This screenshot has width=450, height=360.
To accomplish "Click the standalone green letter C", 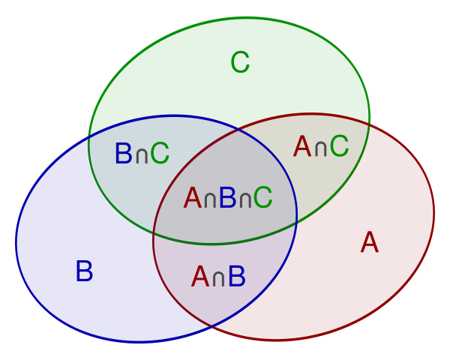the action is coord(240,62).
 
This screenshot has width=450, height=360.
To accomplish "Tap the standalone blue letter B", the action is coord(84,271).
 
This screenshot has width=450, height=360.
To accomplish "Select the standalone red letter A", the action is coord(370,242).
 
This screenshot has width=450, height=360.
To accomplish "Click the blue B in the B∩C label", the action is coord(124,153).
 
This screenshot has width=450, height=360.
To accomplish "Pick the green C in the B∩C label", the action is coord(160,153).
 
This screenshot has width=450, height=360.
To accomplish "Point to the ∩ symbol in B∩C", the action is coord(142,156).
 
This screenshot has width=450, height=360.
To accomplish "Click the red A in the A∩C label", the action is coord(302,146).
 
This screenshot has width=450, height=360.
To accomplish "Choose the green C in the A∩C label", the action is coord(339,146).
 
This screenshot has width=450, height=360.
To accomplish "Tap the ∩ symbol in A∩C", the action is coord(320,149).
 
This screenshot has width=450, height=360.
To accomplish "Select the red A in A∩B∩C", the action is coord(193,197).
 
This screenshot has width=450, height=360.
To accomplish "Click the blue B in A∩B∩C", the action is coord(227,197).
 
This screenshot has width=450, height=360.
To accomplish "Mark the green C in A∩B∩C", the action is coord(262,197).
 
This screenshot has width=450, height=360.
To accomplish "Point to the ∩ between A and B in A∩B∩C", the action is coord(210,200).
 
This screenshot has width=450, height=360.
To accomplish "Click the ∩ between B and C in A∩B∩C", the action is coord(245,200).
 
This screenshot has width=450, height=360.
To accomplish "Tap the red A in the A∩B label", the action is coord(200,276).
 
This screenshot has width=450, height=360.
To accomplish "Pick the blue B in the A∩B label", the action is coord(237,276).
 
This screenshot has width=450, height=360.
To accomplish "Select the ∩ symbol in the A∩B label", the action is coord(218,279).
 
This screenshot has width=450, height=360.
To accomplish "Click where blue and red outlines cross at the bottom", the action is coord(211,326).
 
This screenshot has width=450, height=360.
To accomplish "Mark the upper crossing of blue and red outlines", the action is coord(238,130).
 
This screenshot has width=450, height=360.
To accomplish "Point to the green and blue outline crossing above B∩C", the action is coord(89,137).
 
